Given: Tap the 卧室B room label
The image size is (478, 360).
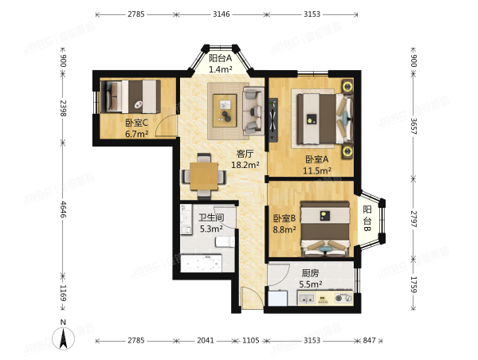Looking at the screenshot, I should (x=284, y=218).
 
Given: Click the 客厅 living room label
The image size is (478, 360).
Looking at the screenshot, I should (x=245, y=154).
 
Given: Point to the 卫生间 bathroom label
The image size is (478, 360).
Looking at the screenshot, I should (x=211, y=217).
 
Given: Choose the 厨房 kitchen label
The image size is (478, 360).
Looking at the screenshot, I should (x=311, y=272).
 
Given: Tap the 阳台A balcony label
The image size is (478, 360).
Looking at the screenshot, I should (x=220, y=58).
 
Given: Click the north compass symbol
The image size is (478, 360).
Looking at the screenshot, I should (x=63, y=337).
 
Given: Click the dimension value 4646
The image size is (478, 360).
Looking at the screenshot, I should (x=63, y=214).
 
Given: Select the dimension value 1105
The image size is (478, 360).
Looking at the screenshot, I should (x=251, y=340).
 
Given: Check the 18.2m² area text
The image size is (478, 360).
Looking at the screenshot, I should (x=245, y=165).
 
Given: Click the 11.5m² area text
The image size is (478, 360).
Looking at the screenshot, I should (x=316, y=170).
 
